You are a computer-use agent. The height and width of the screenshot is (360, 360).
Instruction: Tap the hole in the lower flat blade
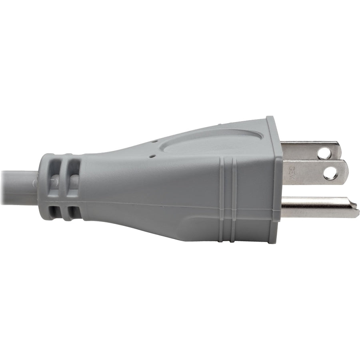[330, 173]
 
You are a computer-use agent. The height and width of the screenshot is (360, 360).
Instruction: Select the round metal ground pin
[316, 207]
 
